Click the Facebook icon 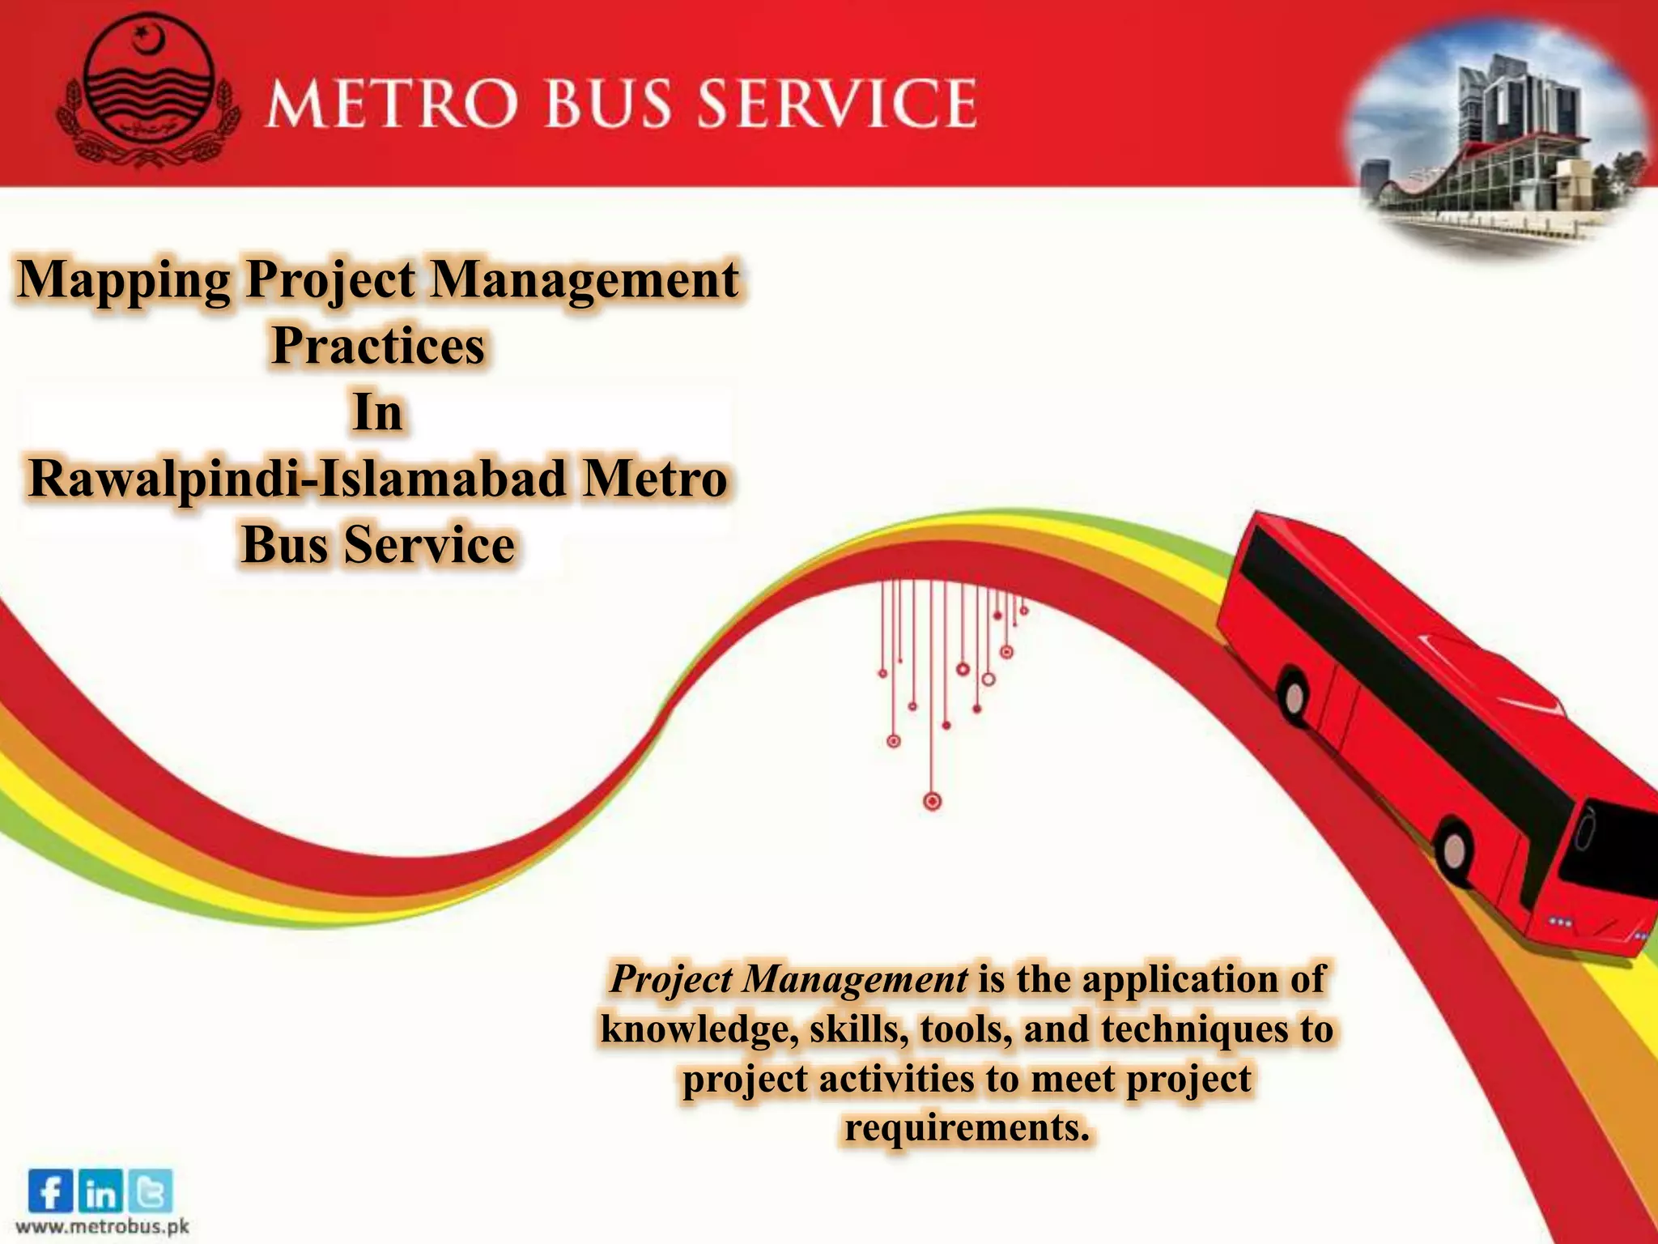[x=50, y=1191]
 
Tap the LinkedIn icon [x=100, y=1192]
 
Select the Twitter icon [x=150, y=1192]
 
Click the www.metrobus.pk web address [x=102, y=1226]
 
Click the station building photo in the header [x=1498, y=138]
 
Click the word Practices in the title [x=378, y=346]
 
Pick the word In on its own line [x=377, y=412]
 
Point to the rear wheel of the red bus [x=1295, y=697]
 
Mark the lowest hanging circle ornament [x=933, y=801]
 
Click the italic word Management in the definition [x=856, y=978]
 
